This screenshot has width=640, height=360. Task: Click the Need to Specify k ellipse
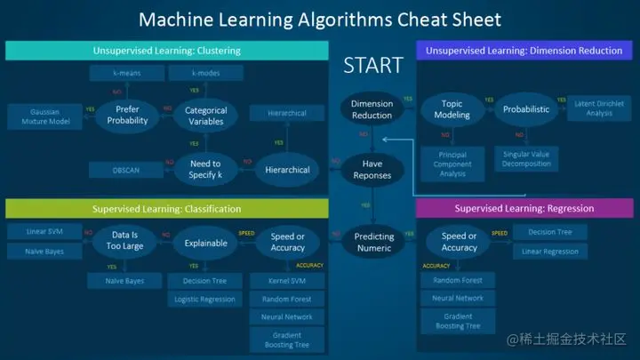(205, 169)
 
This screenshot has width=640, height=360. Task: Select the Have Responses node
(372, 169)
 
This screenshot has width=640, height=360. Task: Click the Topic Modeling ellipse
(452, 110)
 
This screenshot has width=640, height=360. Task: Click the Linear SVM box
(43, 233)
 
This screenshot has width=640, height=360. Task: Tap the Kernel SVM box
(286, 281)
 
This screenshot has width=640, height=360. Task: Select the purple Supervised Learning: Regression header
(524, 209)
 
